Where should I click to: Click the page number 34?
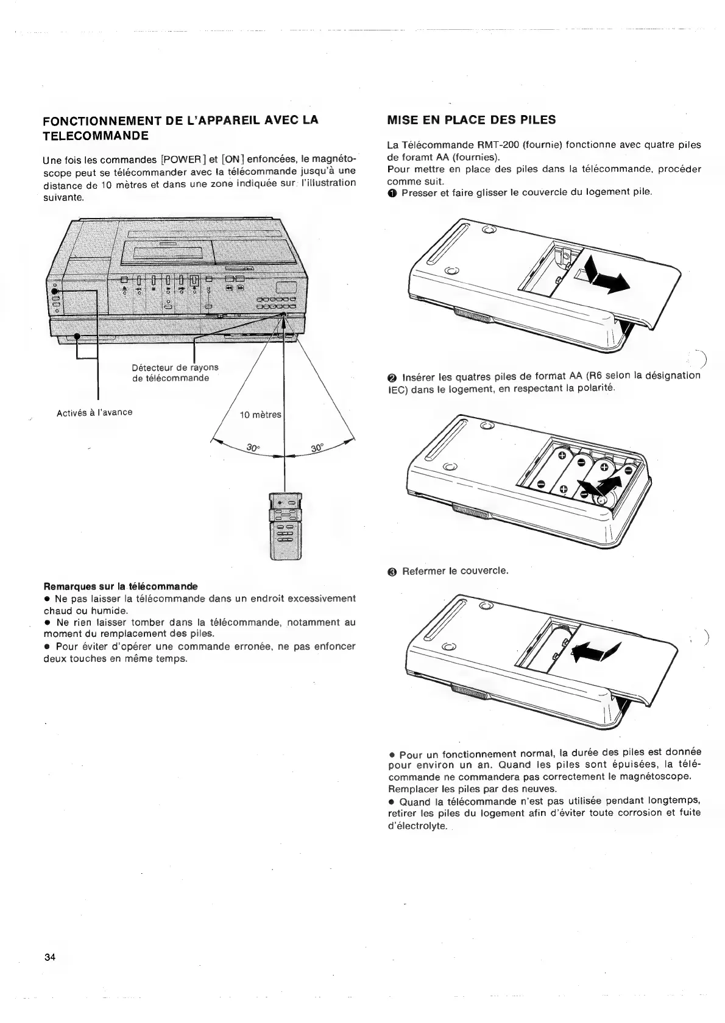click(x=50, y=957)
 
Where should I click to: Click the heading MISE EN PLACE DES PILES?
click(x=472, y=120)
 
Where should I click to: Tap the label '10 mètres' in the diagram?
click(x=261, y=415)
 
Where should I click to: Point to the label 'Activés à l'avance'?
click(x=94, y=412)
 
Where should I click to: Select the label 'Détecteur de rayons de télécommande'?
click(x=175, y=373)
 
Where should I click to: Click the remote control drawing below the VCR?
click(x=285, y=525)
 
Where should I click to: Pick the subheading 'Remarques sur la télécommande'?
click(x=121, y=586)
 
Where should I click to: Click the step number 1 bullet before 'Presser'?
click(x=393, y=192)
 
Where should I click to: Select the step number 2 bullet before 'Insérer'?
click(x=393, y=376)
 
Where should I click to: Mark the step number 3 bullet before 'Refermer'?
click(x=393, y=571)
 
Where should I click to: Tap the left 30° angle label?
click(x=253, y=448)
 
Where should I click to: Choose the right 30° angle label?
click(x=318, y=448)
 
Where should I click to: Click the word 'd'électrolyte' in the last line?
click(x=417, y=826)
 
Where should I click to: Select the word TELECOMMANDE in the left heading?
click(x=96, y=135)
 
